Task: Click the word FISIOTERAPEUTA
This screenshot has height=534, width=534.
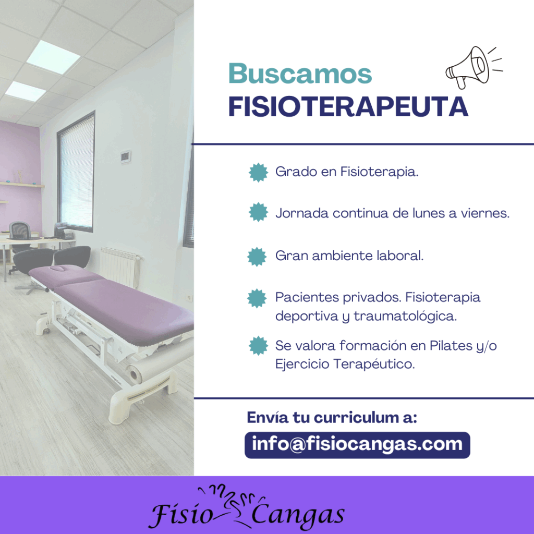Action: (348, 107)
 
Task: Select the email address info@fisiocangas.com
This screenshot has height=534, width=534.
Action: (357, 444)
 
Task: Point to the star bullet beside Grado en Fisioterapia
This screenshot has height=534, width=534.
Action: (258, 172)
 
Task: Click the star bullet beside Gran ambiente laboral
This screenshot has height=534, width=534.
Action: (257, 257)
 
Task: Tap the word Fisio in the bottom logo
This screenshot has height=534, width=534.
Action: (180, 514)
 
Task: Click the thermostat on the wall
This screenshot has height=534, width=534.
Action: (125, 156)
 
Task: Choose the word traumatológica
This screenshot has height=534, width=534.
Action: (405, 316)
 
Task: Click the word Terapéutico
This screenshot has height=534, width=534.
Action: (374, 364)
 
